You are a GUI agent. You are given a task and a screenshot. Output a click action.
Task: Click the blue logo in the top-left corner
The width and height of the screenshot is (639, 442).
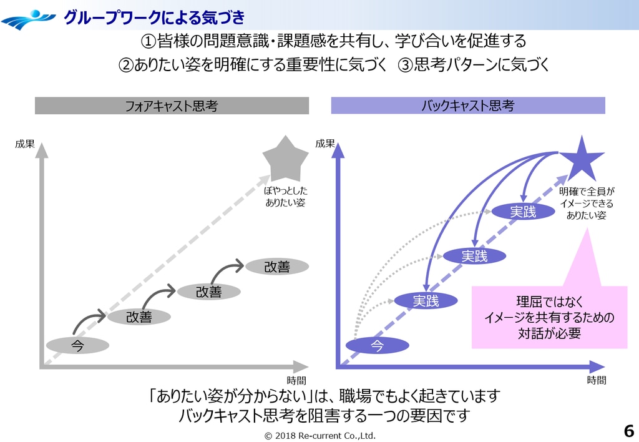[28, 19]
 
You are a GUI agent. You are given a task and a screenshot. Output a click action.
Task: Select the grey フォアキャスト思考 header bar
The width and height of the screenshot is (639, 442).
[172, 106]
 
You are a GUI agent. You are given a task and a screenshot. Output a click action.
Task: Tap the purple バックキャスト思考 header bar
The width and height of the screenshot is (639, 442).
[467, 106]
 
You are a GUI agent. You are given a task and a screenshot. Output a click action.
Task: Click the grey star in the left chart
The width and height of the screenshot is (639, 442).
[285, 160]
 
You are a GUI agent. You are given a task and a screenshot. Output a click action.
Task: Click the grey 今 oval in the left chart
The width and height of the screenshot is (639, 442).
[77, 345]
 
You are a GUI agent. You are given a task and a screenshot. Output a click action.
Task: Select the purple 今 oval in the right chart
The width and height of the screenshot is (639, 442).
[377, 345]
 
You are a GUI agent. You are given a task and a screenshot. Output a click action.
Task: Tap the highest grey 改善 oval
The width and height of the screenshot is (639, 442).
[277, 267]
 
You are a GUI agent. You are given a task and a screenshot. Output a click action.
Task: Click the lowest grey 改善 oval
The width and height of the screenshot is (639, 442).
[139, 317]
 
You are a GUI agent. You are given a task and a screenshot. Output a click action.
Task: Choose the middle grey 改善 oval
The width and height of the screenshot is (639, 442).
[208, 291]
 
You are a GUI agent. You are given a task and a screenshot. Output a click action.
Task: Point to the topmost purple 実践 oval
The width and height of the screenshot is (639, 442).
[523, 212]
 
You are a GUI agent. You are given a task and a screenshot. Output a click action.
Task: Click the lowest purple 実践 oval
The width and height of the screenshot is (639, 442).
[426, 301]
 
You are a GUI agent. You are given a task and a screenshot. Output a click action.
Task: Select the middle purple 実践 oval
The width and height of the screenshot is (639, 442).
[474, 255]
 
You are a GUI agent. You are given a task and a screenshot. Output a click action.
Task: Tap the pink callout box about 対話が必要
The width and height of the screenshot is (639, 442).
[549, 317]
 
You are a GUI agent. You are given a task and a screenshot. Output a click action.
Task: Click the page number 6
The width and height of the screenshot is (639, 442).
[628, 430]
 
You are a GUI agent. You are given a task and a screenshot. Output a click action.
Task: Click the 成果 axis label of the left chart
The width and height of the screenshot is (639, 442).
[25, 144]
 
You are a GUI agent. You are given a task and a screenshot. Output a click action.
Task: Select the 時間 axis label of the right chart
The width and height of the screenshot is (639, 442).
[596, 380]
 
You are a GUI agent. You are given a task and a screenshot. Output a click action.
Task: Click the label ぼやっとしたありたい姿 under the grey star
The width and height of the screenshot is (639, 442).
[285, 197]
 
